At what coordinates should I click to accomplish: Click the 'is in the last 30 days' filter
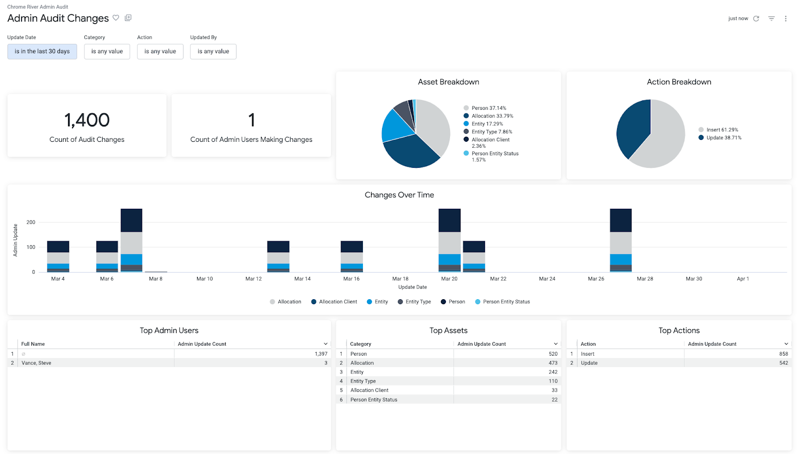[42, 51]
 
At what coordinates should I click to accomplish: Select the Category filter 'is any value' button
[107, 51]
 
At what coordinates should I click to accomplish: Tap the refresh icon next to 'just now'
[756, 18]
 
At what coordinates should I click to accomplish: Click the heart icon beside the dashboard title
[116, 18]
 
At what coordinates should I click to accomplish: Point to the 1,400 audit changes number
[87, 120]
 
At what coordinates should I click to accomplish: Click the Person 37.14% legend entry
[488, 108]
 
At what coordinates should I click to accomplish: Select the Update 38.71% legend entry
[723, 138]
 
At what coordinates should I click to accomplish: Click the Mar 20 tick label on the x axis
[449, 279]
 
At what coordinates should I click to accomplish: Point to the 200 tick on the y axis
[31, 222]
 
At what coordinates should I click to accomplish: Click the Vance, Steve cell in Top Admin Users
[36, 363]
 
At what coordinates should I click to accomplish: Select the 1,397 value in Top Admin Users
[321, 354]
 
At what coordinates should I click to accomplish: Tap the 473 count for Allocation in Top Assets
[552, 363]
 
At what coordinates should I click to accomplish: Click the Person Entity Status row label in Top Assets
[373, 400]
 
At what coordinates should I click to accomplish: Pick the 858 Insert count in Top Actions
[783, 354]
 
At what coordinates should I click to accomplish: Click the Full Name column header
[33, 344]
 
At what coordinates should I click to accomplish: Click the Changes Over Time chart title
[399, 195]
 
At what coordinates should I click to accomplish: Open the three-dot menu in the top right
[785, 18]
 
